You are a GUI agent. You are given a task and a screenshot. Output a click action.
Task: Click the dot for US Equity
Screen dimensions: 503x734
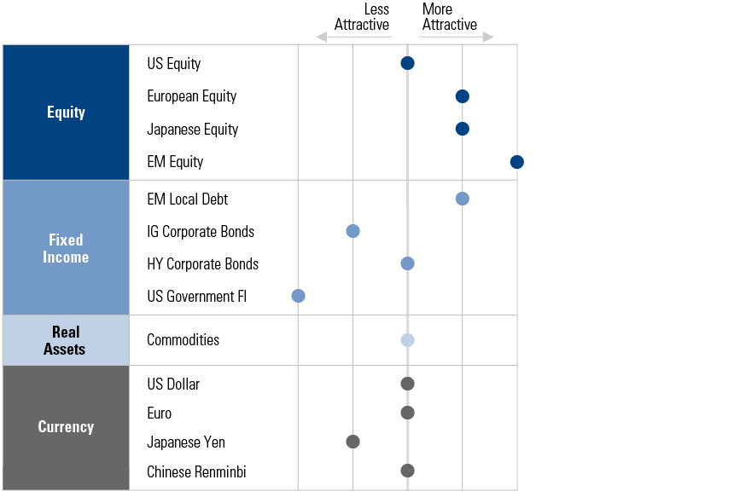pos(407,63)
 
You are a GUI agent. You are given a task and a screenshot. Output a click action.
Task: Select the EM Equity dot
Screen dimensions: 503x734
pos(516,162)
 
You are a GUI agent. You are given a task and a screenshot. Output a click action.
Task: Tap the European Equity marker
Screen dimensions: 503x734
pos(462,96)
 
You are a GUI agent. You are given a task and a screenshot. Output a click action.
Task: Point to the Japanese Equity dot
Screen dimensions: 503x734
pos(462,129)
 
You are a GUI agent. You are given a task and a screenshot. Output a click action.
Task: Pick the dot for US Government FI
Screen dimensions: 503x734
pos(298,296)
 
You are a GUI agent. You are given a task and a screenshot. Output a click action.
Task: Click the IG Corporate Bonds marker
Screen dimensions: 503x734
pos(352,231)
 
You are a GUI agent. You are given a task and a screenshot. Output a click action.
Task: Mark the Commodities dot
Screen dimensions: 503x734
pos(407,340)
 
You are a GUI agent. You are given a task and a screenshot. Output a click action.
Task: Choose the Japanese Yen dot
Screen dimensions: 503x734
pos(352,442)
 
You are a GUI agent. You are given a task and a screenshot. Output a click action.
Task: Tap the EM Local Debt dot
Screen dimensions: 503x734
pos(462,199)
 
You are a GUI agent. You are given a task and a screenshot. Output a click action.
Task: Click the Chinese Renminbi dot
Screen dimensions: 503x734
pos(407,471)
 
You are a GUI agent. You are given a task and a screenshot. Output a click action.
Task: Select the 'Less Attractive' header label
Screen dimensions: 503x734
pos(362,17)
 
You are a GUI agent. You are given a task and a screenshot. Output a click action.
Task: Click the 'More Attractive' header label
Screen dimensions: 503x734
pos(449,17)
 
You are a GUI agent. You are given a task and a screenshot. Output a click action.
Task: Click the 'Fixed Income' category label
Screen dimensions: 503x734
pos(66,248)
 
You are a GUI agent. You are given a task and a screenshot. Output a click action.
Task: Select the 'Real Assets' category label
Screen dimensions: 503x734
pos(66,340)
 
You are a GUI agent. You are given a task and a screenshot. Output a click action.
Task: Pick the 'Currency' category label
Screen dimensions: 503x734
pos(66,427)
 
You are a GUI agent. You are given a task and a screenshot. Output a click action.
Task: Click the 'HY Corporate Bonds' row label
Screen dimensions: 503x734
pos(202,264)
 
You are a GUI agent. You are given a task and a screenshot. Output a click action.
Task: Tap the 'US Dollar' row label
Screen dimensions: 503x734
pos(173,384)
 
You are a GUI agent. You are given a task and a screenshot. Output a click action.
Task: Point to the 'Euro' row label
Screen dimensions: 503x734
pos(159,413)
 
